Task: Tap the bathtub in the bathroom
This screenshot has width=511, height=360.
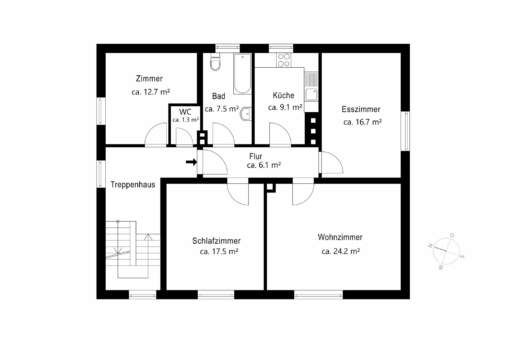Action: [x=242, y=73]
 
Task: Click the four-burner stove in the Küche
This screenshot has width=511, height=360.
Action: [x=283, y=60]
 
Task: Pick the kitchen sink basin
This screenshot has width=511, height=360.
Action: [x=311, y=94]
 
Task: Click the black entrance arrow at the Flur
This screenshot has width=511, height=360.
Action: [x=191, y=162]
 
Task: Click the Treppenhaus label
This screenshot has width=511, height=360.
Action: [x=133, y=185]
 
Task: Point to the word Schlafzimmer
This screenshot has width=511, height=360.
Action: [x=216, y=241]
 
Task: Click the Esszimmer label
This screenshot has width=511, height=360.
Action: [x=361, y=109]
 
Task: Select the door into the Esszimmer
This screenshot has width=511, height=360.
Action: [x=331, y=162]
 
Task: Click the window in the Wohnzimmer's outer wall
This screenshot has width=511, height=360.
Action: [x=318, y=294]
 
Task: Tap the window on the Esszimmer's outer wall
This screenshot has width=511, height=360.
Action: [x=405, y=131]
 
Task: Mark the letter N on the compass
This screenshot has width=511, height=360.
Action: [x=430, y=246]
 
